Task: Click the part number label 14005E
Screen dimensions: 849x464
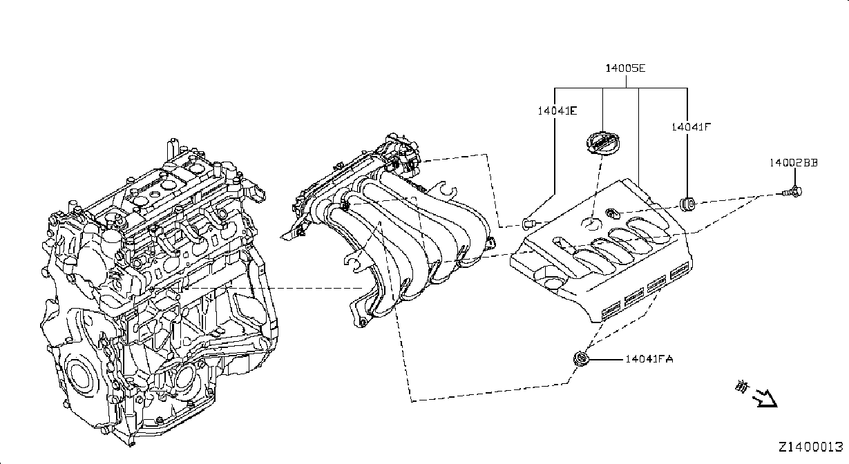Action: point(625,68)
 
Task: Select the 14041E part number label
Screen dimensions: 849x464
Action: point(557,111)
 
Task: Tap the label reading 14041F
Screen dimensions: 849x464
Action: point(691,127)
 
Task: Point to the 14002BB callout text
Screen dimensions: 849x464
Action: point(793,163)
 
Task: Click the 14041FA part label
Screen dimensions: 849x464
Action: point(649,359)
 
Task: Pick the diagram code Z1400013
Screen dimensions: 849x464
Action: point(811,447)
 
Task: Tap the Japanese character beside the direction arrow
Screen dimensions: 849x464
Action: point(742,387)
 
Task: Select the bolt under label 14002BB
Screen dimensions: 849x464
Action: point(792,192)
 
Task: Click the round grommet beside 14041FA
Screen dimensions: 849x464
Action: point(581,358)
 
